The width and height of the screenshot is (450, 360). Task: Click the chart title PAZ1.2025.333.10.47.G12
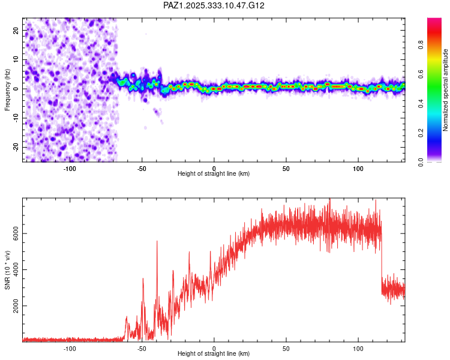(214, 5)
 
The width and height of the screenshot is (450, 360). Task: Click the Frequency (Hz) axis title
(8, 90)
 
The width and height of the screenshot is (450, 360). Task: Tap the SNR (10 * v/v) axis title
(8, 270)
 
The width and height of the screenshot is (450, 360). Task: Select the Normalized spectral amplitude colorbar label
(446, 90)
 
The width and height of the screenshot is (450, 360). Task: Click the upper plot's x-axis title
(214, 173)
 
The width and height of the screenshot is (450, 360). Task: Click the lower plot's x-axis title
(214, 353)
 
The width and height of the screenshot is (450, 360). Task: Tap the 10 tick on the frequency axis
(16, 59)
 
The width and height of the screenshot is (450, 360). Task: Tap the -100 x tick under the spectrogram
(70, 167)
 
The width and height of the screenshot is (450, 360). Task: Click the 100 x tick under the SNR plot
(358, 347)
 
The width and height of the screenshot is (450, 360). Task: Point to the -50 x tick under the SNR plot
(142, 347)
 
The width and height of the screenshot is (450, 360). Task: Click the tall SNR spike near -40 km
(157, 241)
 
